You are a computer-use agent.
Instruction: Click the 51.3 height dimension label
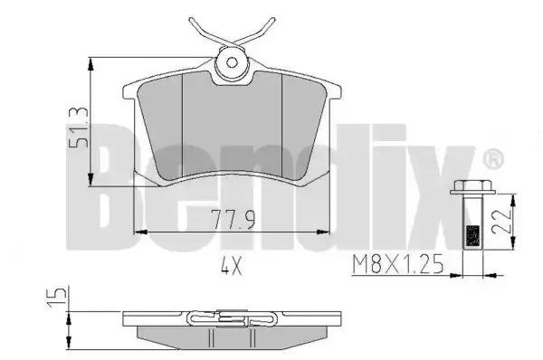79,128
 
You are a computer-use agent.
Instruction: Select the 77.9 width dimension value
233,220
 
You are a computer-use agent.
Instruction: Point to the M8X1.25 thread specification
397,264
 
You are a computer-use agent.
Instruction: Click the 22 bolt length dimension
501,222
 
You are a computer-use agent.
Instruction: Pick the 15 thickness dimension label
56,297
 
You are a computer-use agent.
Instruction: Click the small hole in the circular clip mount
232,62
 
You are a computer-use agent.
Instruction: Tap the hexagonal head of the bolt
472,187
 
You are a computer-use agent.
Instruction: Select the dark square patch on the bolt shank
473,236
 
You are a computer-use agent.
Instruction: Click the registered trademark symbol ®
493,160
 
